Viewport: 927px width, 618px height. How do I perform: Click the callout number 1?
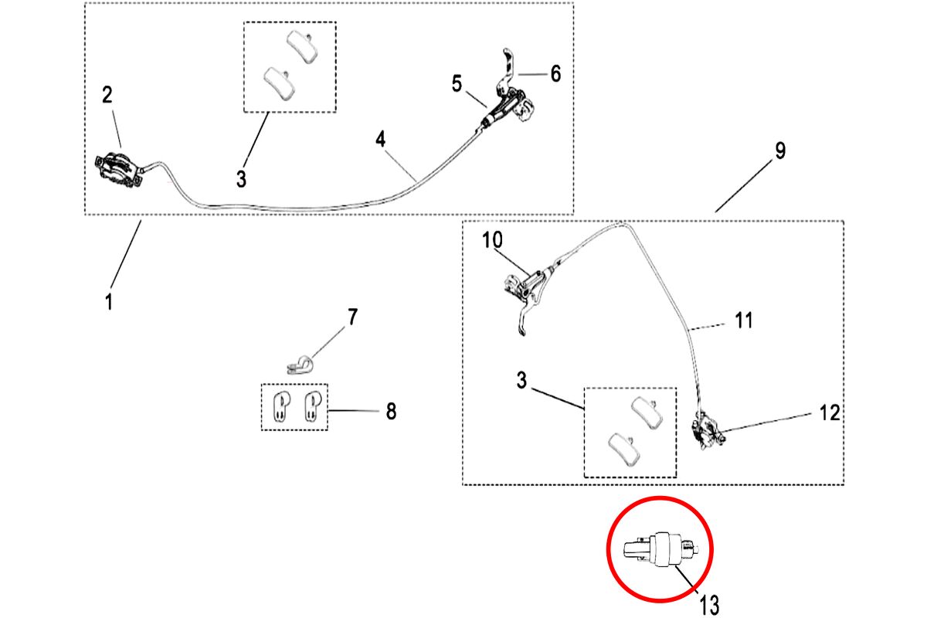[x=109, y=300]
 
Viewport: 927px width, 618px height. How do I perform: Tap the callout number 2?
[x=107, y=95]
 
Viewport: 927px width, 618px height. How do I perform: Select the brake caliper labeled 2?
[x=118, y=169]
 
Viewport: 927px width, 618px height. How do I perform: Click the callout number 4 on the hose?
[x=380, y=140]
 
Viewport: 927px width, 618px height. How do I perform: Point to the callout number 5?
[x=457, y=83]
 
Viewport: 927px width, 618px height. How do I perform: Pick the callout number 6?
[x=555, y=74]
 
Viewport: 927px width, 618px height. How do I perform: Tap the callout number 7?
[x=352, y=317]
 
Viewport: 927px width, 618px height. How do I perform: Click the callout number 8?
[x=391, y=412]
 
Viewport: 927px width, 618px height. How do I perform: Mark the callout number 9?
[x=780, y=151]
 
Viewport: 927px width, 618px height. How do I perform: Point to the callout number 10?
[x=492, y=240]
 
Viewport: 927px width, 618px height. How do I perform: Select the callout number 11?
[x=743, y=320]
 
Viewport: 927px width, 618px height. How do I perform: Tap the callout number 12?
[x=829, y=413]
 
